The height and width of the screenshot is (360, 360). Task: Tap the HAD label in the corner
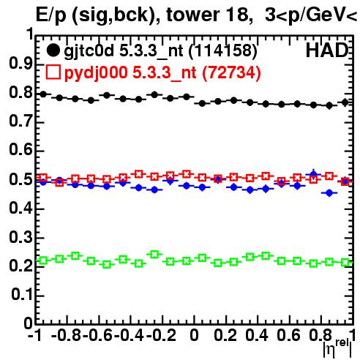click(x=327, y=50)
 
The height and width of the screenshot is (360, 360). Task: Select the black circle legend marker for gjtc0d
click(x=53, y=50)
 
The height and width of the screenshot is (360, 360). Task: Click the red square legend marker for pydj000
click(x=53, y=72)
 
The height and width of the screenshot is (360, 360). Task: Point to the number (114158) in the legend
click(x=223, y=51)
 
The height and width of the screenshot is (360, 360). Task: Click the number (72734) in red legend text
click(x=231, y=72)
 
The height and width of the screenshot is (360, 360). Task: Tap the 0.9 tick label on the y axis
click(x=20, y=64)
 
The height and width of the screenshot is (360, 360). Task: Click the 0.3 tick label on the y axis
click(x=20, y=237)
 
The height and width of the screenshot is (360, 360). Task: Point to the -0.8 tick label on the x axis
click(x=66, y=335)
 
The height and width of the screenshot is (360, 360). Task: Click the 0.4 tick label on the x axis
click(x=257, y=335)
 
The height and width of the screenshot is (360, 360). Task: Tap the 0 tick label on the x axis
click(x=194, y=335)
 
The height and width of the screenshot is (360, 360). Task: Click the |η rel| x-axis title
click(x=337, y=348)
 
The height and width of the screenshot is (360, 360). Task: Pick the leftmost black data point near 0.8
click(x=43, y=94)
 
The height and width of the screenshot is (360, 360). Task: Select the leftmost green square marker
click(x=43, y=260)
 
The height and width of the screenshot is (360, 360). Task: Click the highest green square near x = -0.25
click(x=154, y=254)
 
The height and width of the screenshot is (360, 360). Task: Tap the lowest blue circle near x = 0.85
click(x=329, y=193)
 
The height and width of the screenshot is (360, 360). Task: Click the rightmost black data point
click(x=345, y=102)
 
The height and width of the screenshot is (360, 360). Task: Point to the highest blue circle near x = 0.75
click(x=314, y=174)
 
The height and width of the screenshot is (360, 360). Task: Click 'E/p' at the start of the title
click(x=50, y=15)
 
